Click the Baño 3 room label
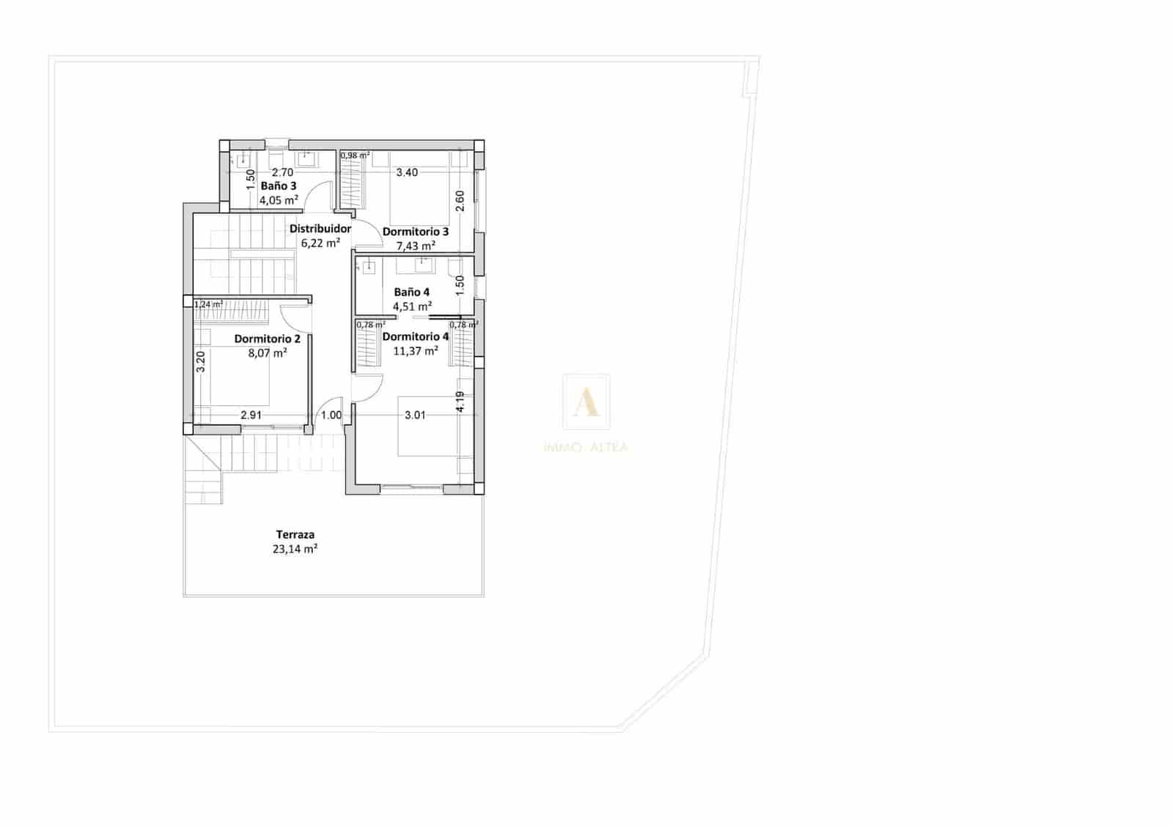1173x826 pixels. [279, 186]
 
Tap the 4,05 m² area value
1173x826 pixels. [279, 199]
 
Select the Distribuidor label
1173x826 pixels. [320, 229]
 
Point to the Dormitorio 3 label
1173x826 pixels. [416, 232]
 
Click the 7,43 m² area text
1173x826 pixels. [416, 246]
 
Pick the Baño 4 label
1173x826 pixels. [411, 292]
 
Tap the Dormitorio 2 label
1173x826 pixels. [267, 339]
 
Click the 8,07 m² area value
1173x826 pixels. [268, 353]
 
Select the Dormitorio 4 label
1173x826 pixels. [416, 337]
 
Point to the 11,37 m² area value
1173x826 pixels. [416, 351]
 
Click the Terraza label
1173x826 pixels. [295, 534]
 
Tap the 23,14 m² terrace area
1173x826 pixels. [295, 548]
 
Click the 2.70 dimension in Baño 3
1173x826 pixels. [282, 173]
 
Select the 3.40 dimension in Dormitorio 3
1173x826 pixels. [407, 173]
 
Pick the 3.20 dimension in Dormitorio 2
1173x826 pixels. [201, 361]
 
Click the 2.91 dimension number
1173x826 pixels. [251, 415]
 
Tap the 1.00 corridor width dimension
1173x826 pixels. [331, 415]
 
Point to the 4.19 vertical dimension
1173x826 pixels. [460, 402]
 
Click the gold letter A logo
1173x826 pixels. [586, 402]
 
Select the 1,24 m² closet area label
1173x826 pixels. [209, 304]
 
